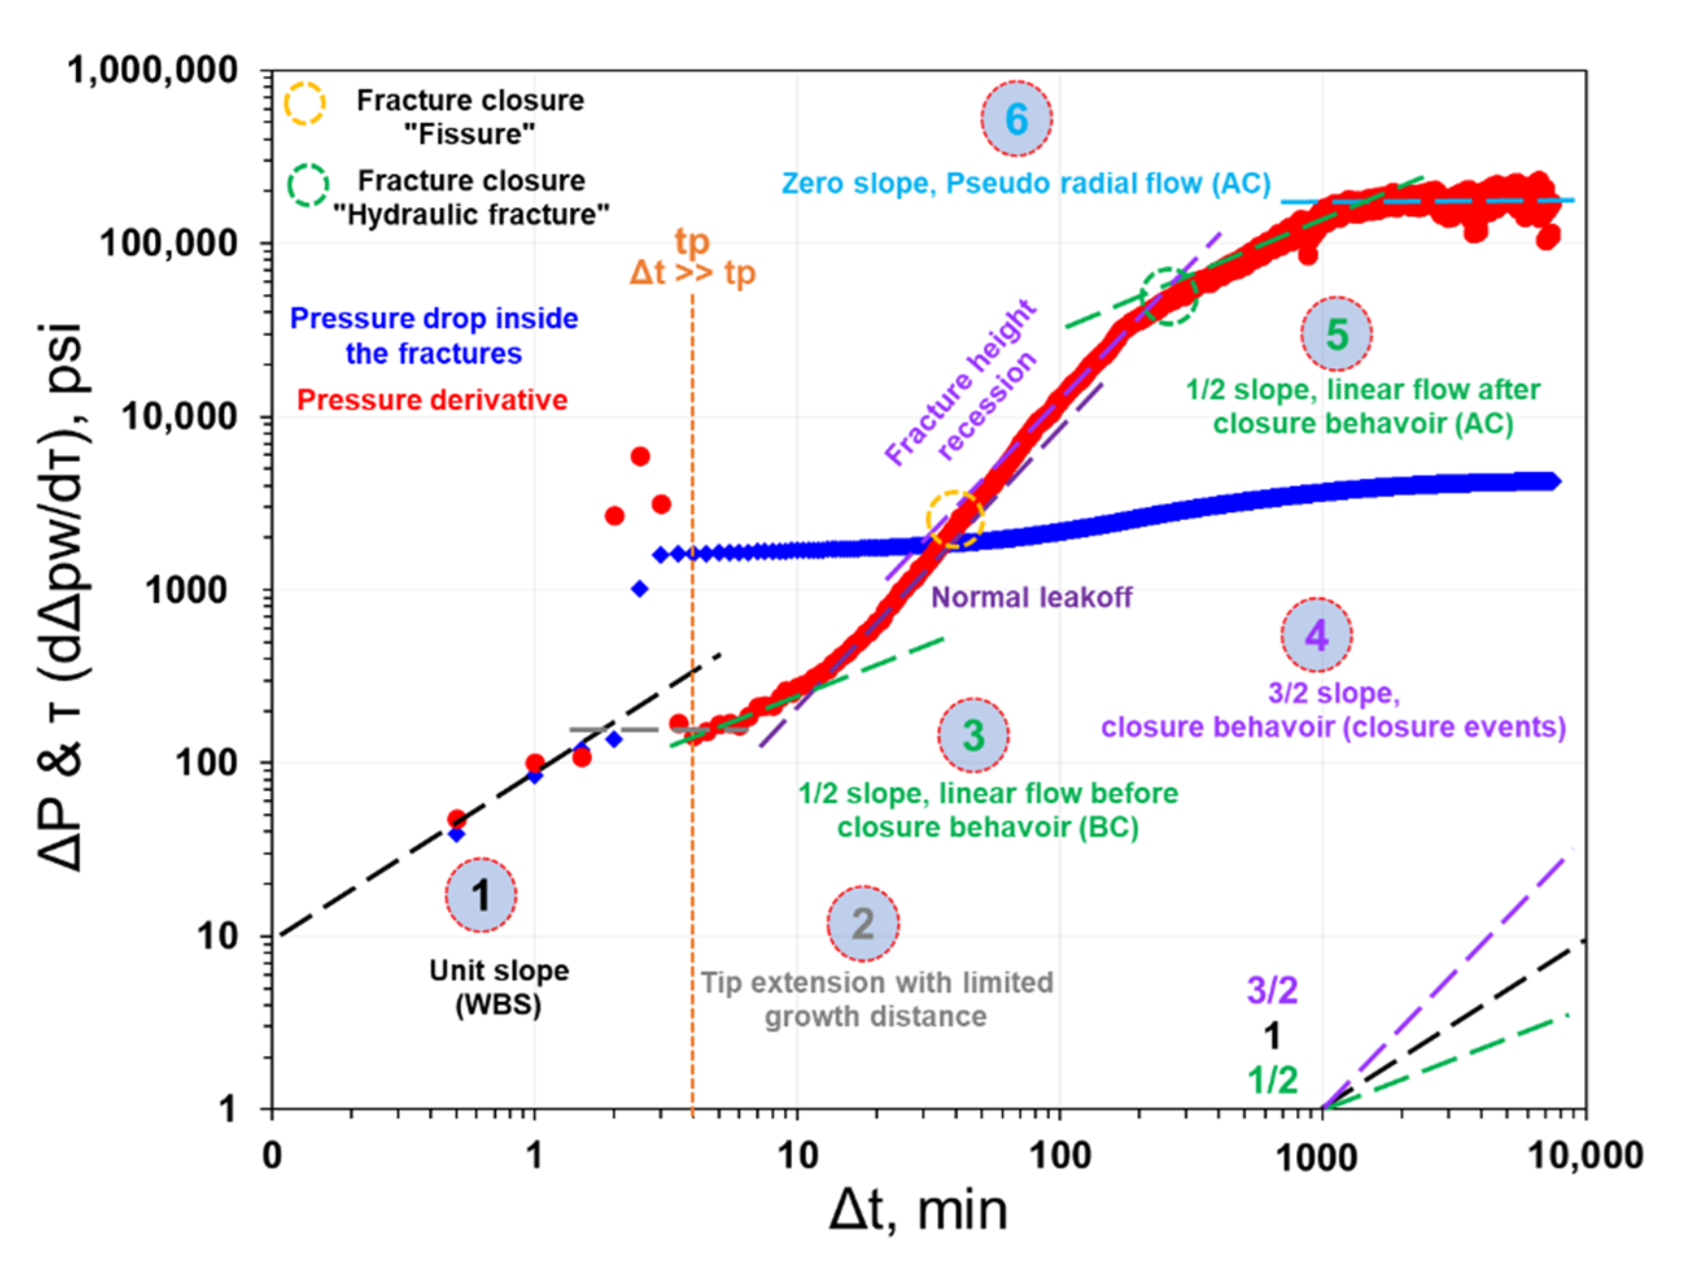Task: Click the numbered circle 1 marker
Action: [x=481, y=896]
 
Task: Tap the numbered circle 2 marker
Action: [x=863, y=923]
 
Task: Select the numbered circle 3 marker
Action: [x=973, y=735]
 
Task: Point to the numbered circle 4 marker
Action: [x=1317, y=635]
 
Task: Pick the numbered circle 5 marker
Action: [x=1336, y=334]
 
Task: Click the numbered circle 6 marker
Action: [x=1017, y=119]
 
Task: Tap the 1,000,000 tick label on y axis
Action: [x=152, y=70]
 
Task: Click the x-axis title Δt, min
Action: [x=918, y=1212]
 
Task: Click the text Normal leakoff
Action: [x=1031, y=597]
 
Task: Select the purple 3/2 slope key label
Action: [x=1272, y=990]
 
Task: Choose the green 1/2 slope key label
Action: [x=1272, y=1081]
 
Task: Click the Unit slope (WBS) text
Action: [x=499, y=988]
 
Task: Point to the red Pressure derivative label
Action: [x=432, y=400]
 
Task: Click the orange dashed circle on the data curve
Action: [x=955, y=519]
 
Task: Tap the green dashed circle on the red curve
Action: [x=1169, y=297]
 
